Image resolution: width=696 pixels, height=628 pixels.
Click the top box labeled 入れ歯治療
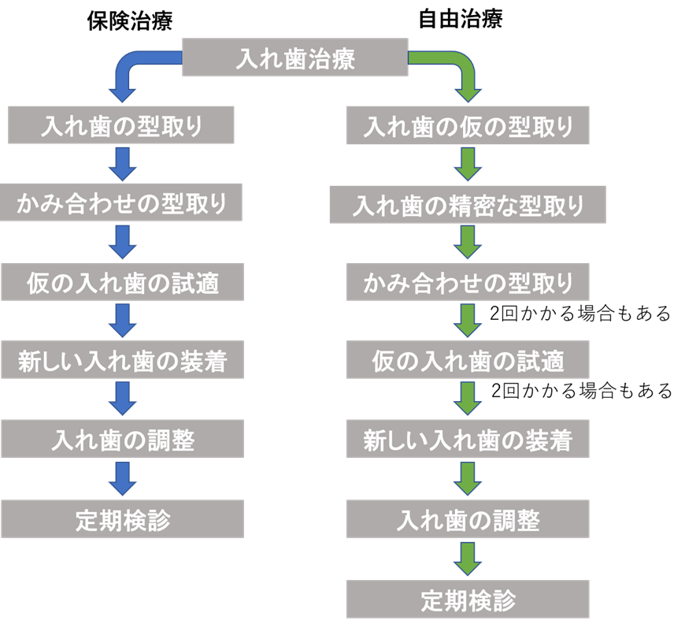(x=295, y=58)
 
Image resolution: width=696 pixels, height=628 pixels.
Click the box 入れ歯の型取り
(x=121, y=126)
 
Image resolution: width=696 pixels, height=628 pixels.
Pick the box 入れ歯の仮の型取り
(x=468, y=126)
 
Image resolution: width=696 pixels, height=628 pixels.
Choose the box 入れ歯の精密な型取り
(x=468, y=206)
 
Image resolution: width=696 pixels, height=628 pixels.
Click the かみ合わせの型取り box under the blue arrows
(x=121, y=204)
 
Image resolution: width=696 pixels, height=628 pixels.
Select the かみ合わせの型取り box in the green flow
(x=468, y=283)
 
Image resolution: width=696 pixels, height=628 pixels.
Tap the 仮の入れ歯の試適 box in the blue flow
(x=121, y=282)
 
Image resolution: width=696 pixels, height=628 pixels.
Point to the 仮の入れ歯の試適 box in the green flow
(x=468, y=362)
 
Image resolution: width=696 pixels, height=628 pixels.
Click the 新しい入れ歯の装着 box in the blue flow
(x=121, y=361)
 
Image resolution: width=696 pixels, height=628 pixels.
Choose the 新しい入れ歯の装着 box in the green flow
(x=468, y=440)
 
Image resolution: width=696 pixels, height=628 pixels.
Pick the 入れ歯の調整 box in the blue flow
(x=121, y=440)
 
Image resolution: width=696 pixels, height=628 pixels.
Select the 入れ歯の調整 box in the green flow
(x=468, y=520)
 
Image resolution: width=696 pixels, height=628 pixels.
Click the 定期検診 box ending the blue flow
(x=121, y=519)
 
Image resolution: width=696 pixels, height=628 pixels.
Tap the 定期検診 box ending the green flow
(x=468, y=600)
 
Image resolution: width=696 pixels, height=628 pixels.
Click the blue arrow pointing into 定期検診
(x=122, y=479)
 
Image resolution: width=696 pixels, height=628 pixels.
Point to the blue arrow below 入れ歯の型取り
(x=122, y=164)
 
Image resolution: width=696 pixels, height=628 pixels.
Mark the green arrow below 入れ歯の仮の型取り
(x=468, y=165)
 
